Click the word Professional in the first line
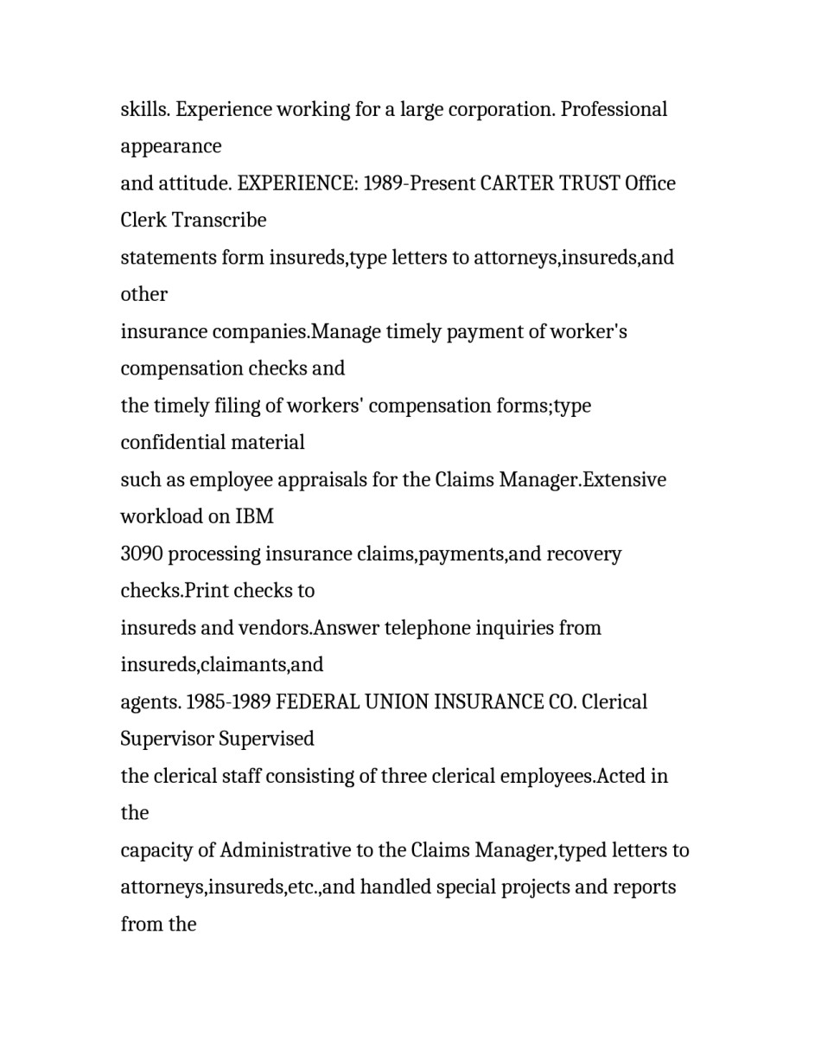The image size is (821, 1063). pos(614,110)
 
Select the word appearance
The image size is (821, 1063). pos(171,147)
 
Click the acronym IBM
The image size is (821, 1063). pos(254,517)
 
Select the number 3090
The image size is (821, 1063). pos(142,554)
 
